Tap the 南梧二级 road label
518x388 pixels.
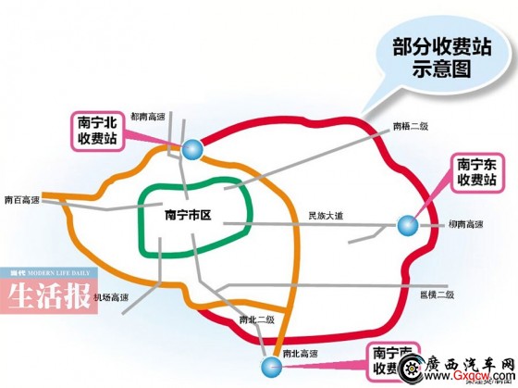tap(410, 127)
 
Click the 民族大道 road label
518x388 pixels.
tap(326, 216)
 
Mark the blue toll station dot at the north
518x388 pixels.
tap(190, 147)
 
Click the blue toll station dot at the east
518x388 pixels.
tap(406, 225)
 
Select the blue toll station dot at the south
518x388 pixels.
tap(270, 369)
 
